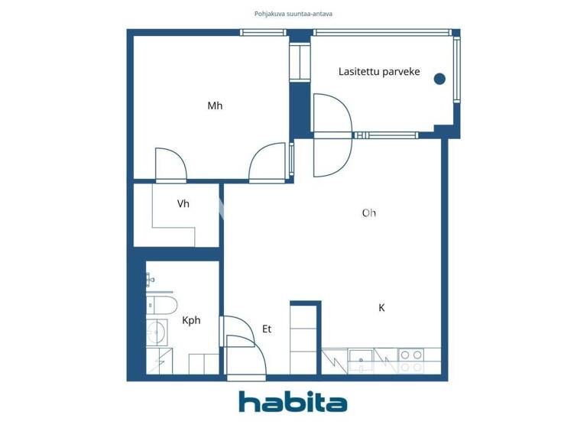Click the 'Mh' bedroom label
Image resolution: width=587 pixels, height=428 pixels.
[x=215, y=106]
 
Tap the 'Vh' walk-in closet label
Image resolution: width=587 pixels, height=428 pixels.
[x=183, y=204]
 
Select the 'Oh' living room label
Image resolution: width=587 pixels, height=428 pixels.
[x=369, y=213]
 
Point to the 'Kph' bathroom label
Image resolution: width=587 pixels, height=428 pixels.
[x=191, y=321]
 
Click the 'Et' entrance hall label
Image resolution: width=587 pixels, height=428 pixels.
[x=267, y=329]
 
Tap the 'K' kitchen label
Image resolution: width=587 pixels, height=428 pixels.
[x=381, y=308]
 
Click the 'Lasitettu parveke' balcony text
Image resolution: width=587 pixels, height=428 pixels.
[x=379, y=72]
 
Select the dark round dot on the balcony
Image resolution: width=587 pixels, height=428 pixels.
[x=439, y=78]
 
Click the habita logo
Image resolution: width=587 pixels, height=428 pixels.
[x=293, y=402]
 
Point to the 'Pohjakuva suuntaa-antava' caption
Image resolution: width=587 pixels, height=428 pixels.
[x=293, y=14]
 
